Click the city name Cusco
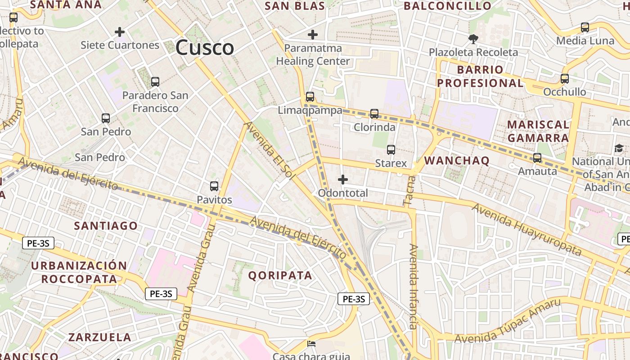pyautogui.click(x=205, y=47)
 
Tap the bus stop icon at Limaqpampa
pyautogui.click(x=310, y=97)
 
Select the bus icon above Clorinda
pyautogui.click(x=374, y=114)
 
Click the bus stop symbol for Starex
pyautogui.click(x=391, y=150)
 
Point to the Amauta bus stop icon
pyautogui.click(x=537, y=158)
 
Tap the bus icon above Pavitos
pyautogui.click(x=214, y=186)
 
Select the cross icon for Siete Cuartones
pyautogui.click(x=120, y=32)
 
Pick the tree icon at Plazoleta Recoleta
pyautogui.click(x=473, y=39)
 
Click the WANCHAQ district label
pyautogui.click(x=457, y=161)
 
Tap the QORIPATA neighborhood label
pyautogui.click(x=280, y=275)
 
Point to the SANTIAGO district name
pyautogui.click(x=106, y=225)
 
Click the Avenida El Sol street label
pyautogui.click(x=269, y=151)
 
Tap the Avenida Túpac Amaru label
pyautogui.click(x=508, y=320)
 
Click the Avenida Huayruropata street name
pyautogui.click(x=526, y=229)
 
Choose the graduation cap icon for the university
pyautogui.click(x=619, y=148)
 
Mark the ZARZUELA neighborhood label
pyautogui.click(x=100, y=337)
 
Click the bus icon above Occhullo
pyautogui.click(x=565, y=79)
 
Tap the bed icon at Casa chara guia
pyautogui.click(x=311, y=344)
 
